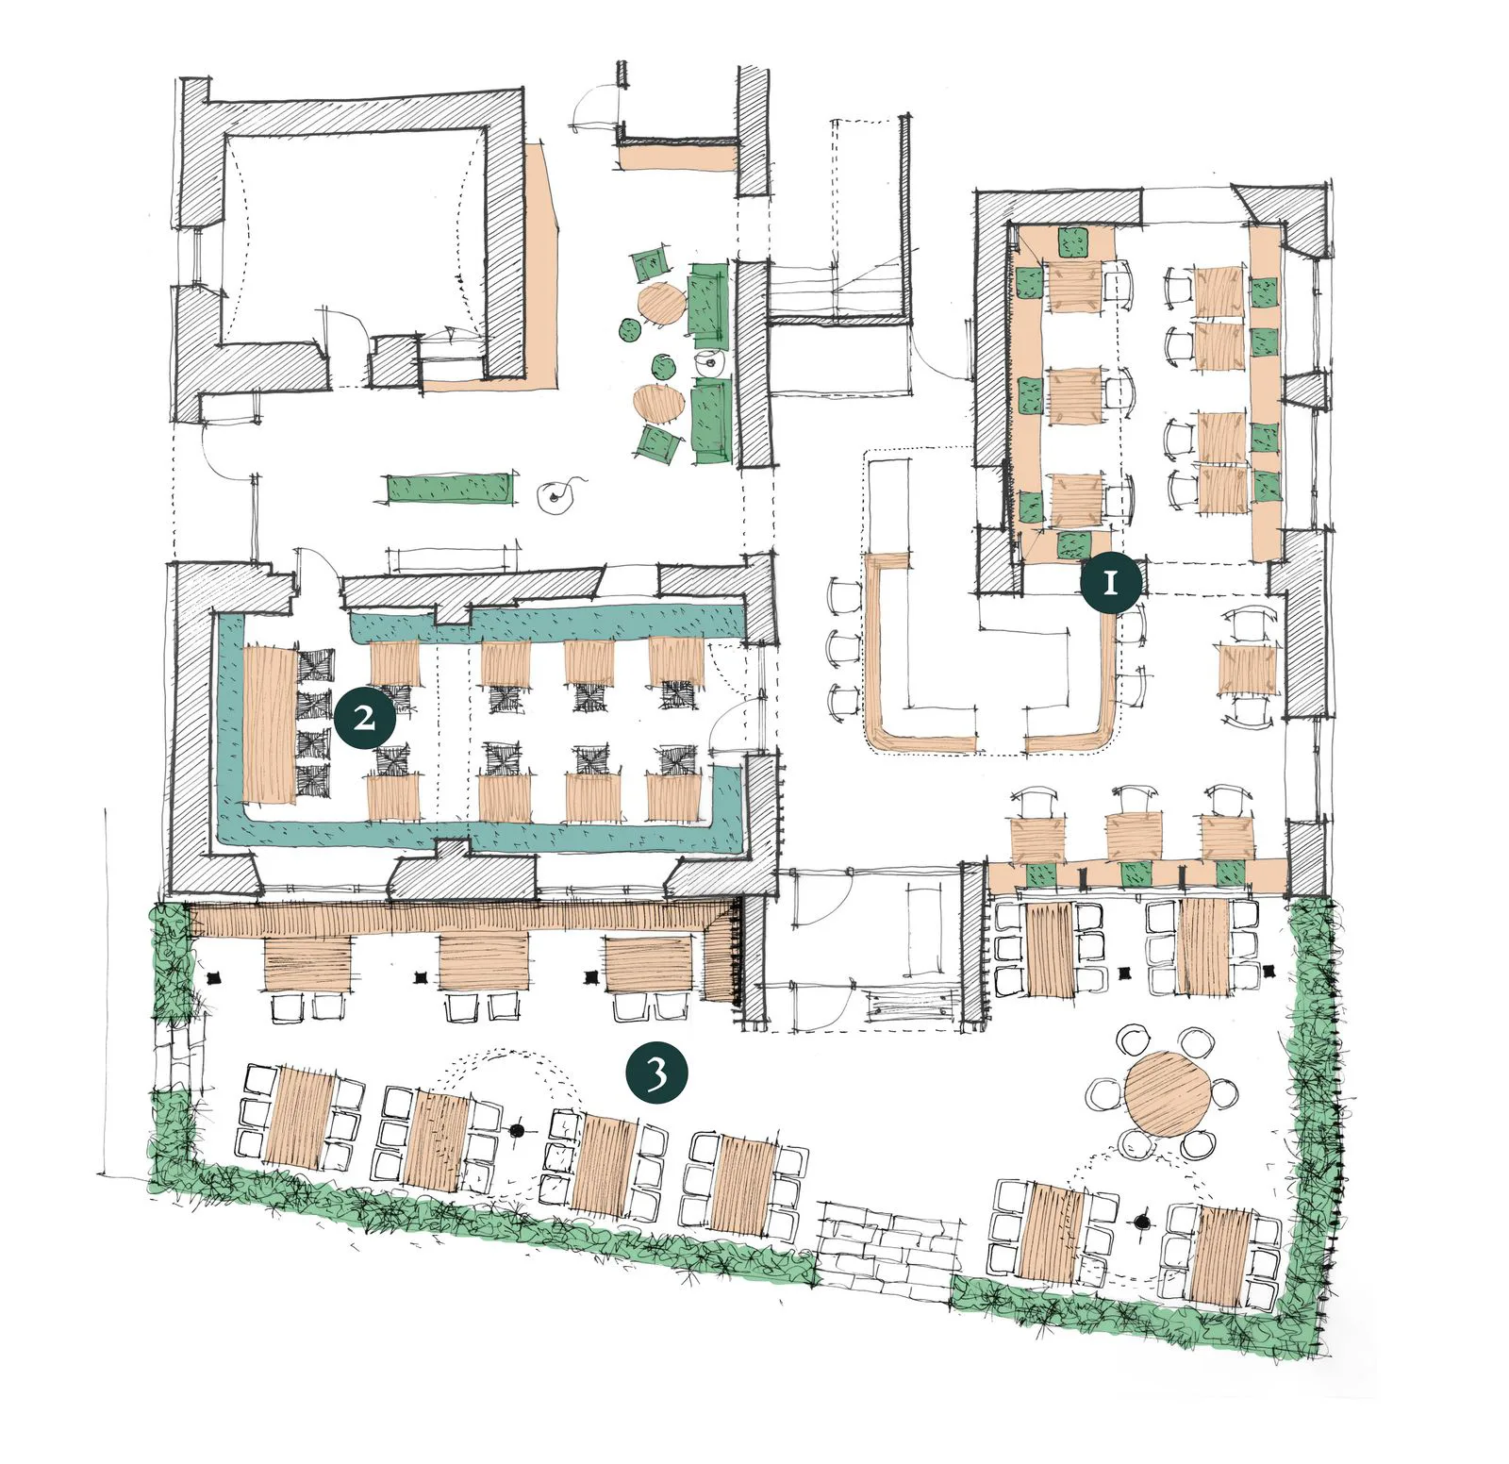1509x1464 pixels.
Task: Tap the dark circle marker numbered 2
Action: (365, 718)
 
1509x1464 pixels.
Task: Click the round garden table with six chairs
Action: (1165, 1093)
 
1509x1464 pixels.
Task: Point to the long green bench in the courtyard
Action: (449, 489)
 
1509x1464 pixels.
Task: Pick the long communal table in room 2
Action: (270, 724)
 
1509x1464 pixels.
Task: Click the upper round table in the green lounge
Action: (661, 304)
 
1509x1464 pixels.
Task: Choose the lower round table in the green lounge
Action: (658, 403)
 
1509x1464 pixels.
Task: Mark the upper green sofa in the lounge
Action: (708, 305)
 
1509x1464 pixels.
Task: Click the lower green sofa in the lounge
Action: (712, 421)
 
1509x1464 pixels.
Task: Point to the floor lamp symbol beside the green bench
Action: (554, 495)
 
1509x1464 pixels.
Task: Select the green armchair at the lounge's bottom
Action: (657, 443)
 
